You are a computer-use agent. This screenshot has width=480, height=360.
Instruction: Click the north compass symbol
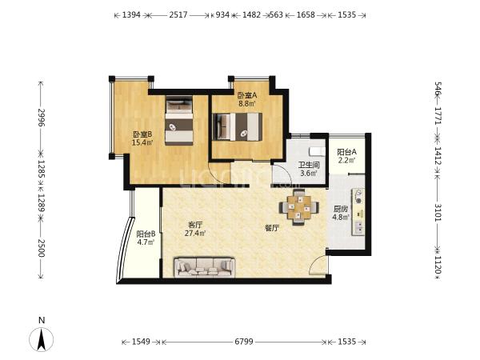click(42, 339)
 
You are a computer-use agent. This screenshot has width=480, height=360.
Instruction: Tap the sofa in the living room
click(205, 267)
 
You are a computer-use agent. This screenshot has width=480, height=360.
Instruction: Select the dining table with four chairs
click(298, 207)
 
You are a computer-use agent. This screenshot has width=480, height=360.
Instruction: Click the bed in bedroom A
click(238, 126)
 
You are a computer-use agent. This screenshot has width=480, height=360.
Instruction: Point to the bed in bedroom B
click(179, 121)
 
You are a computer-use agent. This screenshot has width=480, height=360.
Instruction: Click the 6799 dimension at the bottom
click(244, 342)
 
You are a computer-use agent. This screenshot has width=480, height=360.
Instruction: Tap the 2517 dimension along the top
click(178, 14)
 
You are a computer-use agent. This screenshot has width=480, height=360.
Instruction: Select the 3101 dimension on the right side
click(438, 212)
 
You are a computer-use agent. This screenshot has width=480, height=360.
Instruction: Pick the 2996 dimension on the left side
click(41, 118)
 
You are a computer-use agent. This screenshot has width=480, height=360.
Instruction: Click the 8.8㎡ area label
click(247, 103)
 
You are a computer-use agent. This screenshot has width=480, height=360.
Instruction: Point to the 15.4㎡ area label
click(142, 142)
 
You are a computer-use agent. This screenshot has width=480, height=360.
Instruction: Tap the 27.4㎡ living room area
click(195, 234)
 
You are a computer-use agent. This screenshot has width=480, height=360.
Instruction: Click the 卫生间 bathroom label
click(309, 166)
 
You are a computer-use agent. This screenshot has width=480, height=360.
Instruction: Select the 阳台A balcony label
click(347, 152)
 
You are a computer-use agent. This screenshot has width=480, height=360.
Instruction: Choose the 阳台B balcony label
click(146, 234)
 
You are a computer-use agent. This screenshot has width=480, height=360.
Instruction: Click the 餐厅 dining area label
click(272, 228)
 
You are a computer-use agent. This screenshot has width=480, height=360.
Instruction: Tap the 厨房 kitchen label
click(341, 210)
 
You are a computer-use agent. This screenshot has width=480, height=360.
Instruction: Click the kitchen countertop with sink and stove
click(358, 212)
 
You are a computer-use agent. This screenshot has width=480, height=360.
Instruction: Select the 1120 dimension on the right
click(438, 266)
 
